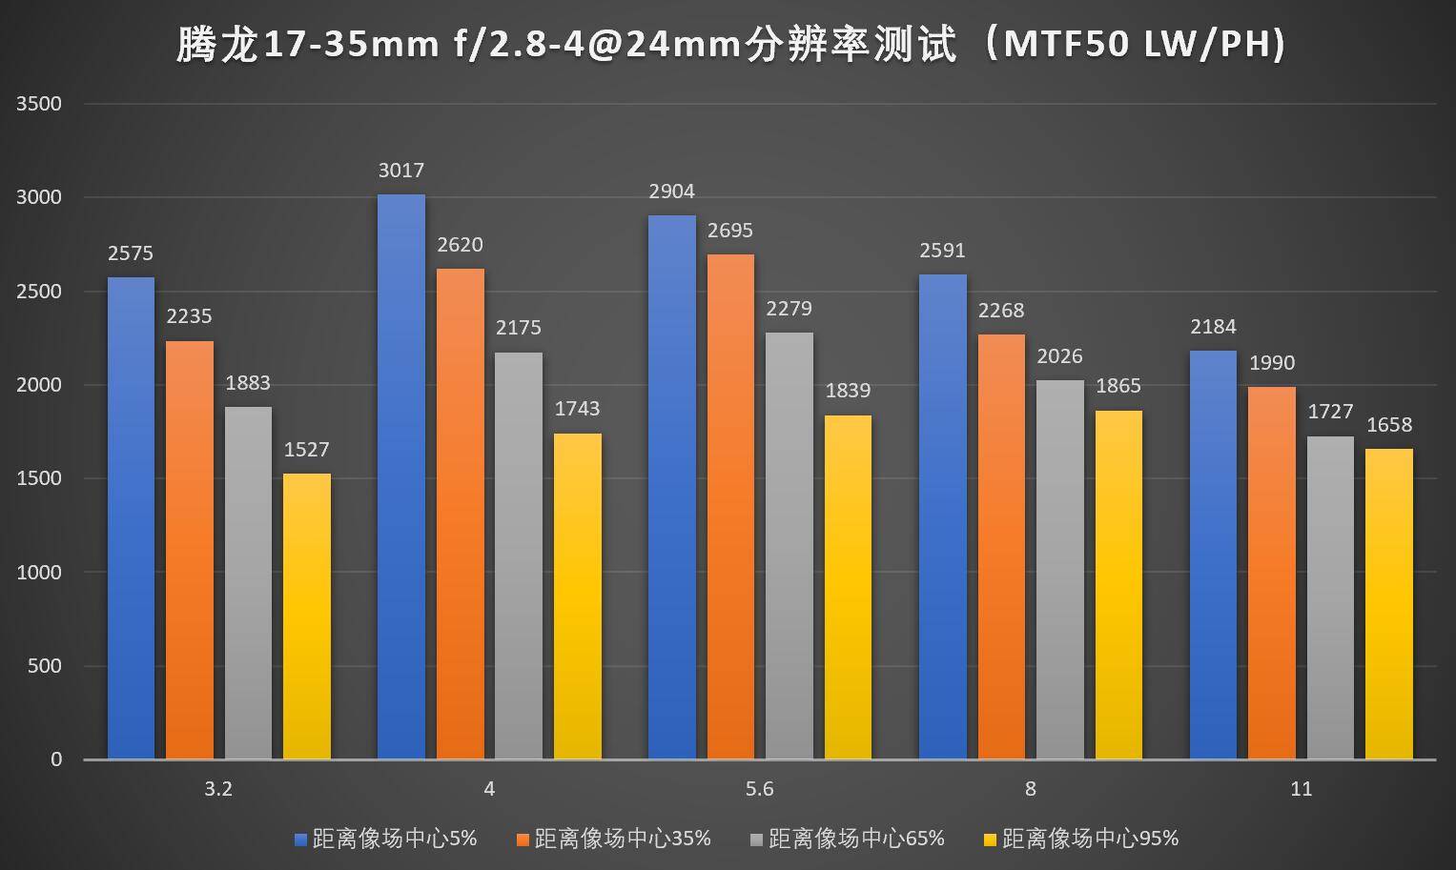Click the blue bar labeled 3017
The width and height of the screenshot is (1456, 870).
pyautogui.click(x=401, y=476)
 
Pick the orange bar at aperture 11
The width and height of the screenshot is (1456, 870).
pyautogui.click(x=1272, y=573)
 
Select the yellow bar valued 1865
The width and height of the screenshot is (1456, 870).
pyautogui.click(x=1118, y=585)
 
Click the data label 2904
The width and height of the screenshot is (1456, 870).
pyautogui.click(x=671, y=192)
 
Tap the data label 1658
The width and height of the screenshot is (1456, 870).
pyautogui.click(x=1389, y=425)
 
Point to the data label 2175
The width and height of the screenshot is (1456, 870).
pyautogui.click(x=518, y=328)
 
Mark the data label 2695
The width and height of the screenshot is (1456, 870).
pyautogui.click(x=730, y=231)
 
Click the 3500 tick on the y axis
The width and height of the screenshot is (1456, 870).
pyautogui.click(x=39, y=104)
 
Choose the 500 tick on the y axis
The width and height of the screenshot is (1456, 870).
pyautogui.click(x=44, y=666)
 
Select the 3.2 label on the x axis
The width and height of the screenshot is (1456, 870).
pyautogui.click(x=218, y=789)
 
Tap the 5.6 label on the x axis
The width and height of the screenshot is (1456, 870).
pyautogui.click(x=759, y=789)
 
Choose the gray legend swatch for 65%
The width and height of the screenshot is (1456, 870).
pyautogui.click(x=757, y=840)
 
